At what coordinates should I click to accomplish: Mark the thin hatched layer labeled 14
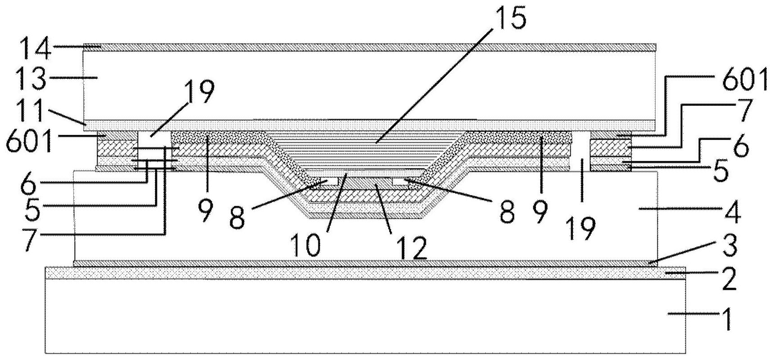[369, 46]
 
